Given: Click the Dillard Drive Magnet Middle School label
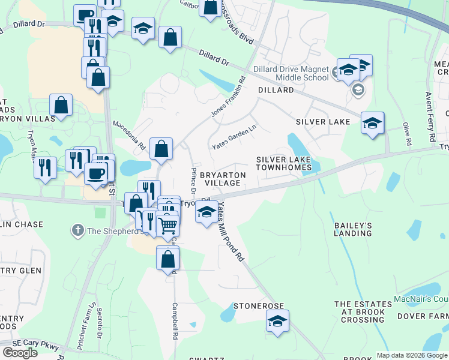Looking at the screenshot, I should [291, 73].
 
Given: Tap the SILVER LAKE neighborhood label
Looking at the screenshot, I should [322, 122].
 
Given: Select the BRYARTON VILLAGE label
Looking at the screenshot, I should [223, 178].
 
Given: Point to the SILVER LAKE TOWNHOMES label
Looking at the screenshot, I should [284, 163].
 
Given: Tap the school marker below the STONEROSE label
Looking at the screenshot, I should [277, 322].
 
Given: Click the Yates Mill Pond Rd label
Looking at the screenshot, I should [231, 232].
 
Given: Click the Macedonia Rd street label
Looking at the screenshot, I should [130, 136].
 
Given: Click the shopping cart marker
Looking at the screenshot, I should [168, 226].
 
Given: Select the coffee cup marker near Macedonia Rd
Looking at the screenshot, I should [95, 173].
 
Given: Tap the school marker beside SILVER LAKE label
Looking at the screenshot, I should [372, 123].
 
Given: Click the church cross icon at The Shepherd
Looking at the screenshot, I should [77, 230].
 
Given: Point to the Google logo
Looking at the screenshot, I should [20, 353].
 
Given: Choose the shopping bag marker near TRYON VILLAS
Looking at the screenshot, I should [61, 105].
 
